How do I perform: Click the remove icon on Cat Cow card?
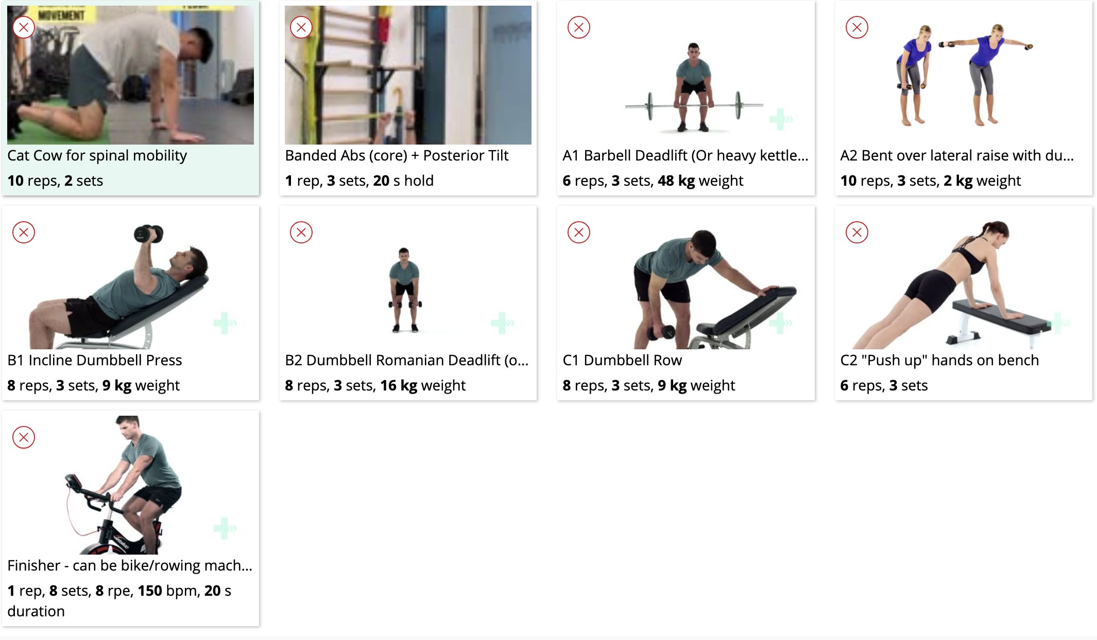tap(24, 27)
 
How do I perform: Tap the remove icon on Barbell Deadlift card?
tap(579, 27)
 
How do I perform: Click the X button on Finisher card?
tap(24, 437)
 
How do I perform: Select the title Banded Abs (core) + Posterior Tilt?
tap(397, 155)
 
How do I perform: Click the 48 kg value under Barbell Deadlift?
tap(676, 181)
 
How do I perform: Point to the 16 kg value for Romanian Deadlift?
tap(398, 385)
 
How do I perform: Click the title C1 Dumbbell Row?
tap(622, 360)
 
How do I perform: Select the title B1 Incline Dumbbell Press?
tap(95, 360)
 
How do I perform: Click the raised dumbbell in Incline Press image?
tap(148, 234)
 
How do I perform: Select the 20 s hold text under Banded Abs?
tap(403, 181)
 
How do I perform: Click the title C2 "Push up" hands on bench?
tap(939, 360)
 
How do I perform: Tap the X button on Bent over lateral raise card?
tap(857, 27)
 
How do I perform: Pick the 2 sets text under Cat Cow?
tap(83, 181)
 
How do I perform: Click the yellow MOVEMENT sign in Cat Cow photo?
tap(61, 14)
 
